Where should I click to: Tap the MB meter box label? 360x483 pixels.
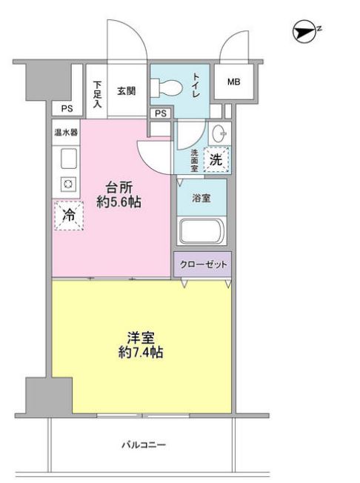coord(233,82)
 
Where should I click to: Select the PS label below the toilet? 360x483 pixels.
coord(161,113)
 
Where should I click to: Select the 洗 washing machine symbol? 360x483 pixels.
coord(216,158)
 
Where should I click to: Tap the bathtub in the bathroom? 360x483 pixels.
coord(201,231)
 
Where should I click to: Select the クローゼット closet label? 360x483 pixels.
coord(202,264)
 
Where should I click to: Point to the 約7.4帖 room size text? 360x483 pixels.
coord(140,353)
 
